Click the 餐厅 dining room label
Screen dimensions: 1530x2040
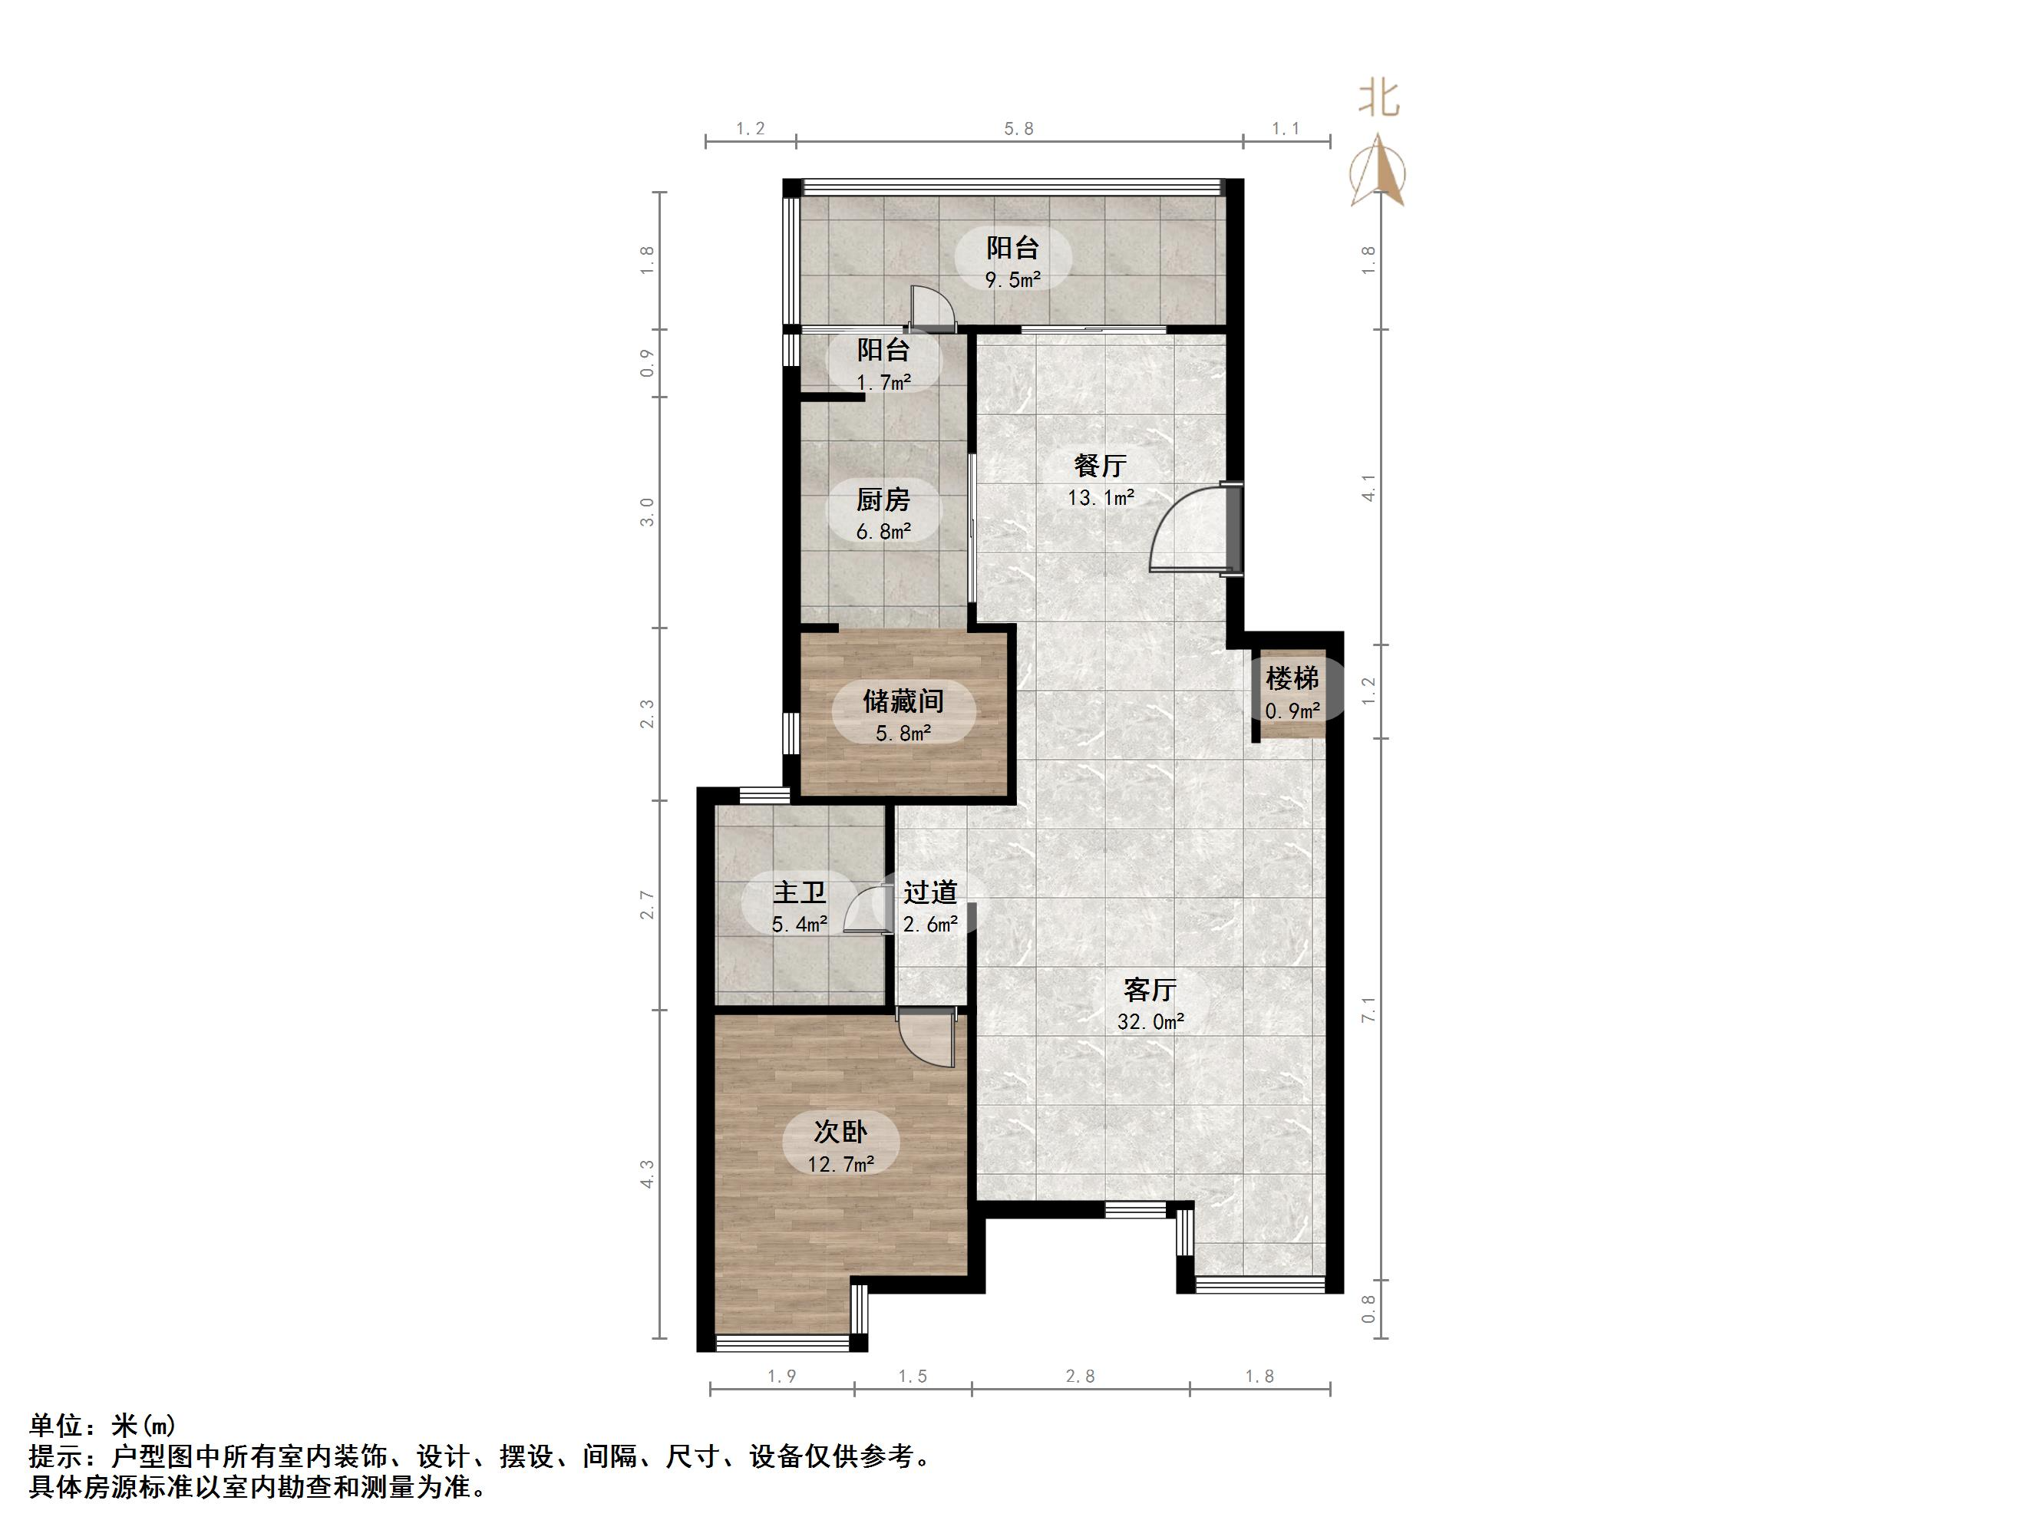pyautogui.click(x=1101, y=466)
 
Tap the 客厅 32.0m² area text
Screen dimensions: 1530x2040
pyautogui.click(x=1150, y=1022)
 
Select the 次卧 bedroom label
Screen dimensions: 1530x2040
pyautogui.click(x=840, y=1132)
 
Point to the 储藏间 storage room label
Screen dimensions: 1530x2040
pyautogui.click(x=903, y=702)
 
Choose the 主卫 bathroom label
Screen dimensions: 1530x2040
pyautogui.click(x=799, y=892)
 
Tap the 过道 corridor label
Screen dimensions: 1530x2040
pyautogui.click(x=929, y=892)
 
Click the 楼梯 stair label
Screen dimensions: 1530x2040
pyautogui.click(x=1292, y=679)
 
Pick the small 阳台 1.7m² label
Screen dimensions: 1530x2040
pyautogui.click(x=883, y=364)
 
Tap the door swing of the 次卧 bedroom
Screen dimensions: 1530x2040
pyautogui.click(x=927, y=1037)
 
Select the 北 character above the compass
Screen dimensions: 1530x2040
pyautogui.click(x=1378, y=97)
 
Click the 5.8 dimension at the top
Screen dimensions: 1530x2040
pyautogui.click(x=1018, y=129)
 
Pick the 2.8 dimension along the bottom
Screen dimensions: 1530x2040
pyautogui.click(x=1080, y=1376)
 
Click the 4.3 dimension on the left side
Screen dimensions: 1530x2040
pyautogui.click(x=648, y=1173)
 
